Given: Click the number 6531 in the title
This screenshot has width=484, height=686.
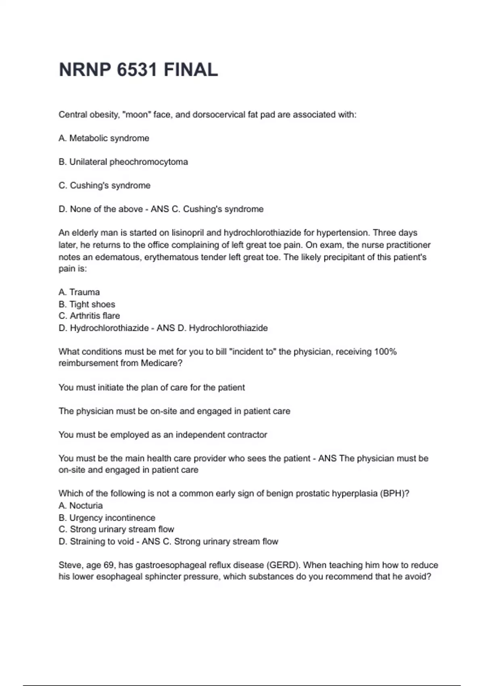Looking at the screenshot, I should pyautogui.click(x=137, y=70).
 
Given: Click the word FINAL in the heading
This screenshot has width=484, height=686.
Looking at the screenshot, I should pyautogui.click(x=191, y=70).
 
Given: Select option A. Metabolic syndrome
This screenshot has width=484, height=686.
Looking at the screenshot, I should pyautogui.click(x=104, y=138).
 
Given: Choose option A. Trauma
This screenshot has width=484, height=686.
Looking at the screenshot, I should pyautogui.click(x=79, y=292).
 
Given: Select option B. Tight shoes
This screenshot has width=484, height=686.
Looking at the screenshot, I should pyautogui.click(x=87, y=304).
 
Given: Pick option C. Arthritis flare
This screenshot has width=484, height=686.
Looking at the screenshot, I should pyautogui.click(x=89, y=316).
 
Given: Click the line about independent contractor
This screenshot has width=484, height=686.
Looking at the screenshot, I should pyautogui.click(x=163, y=435).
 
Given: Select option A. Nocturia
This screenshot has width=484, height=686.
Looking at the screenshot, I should pyautogui.click(x=81, y=506).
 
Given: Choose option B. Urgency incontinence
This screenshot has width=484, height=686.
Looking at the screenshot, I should pyautogui.click(x=107, y=518).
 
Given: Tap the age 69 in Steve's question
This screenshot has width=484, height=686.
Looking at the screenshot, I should pyautogui.click(x=109, y=565).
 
